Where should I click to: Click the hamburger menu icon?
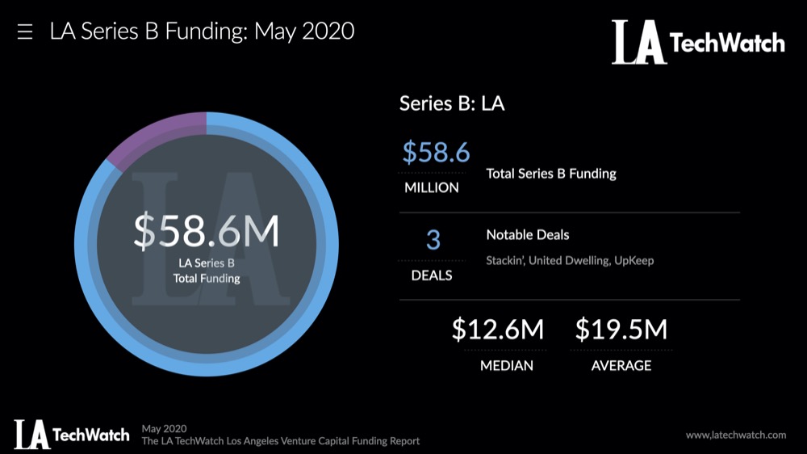click(x=25, y=32)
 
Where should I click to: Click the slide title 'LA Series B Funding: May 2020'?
click(x=202, y=32)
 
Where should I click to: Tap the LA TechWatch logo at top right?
click(x=698, y=42)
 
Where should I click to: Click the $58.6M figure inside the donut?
click(x=207, y=232)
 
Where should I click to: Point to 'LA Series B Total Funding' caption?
click(x=207, y=271)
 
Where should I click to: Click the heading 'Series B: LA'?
click(x=452, y=103)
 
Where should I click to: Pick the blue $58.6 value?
click(x=436, y=152)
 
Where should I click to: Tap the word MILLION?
click(x=432, y=187)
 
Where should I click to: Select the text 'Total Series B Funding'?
click(x=551, y=174)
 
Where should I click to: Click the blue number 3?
click(x=433, y=240)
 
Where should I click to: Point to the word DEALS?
click(x=433, y=275)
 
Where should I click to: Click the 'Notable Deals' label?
click(x=528, y=235)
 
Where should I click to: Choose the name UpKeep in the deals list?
click(x=633, y=261)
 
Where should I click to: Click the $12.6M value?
click(x=498, y=330)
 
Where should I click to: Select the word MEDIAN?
click(x=507, y=366)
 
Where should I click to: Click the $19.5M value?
click(x=621, y=330)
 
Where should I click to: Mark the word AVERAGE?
click(x=621, y=366)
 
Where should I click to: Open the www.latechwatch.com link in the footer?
click(x=735, y=435)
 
